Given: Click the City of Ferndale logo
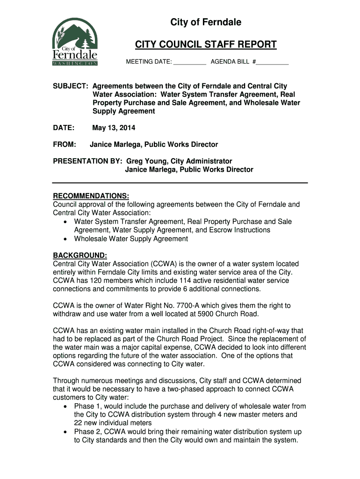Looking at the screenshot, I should [x=75, y=43].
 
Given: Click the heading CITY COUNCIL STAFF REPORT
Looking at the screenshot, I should [x=206, y=45].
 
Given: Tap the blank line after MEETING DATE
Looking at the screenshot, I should [x=190, y=62].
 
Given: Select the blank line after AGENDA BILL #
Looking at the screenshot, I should [x=273, y=62].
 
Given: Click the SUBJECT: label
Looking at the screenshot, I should [x=71, y=86].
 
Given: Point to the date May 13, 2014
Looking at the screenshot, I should [x=114, y=128].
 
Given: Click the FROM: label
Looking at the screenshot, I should [x=65, y=145].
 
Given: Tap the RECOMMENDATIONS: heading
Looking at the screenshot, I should [x=91, y=196].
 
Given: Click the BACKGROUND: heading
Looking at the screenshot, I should [x=80, y=255].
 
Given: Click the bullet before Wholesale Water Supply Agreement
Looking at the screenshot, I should [x=65, y=239].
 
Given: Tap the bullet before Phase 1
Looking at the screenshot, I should [x=65, y=406].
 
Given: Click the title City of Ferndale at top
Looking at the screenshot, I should [x=206, y=22].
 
